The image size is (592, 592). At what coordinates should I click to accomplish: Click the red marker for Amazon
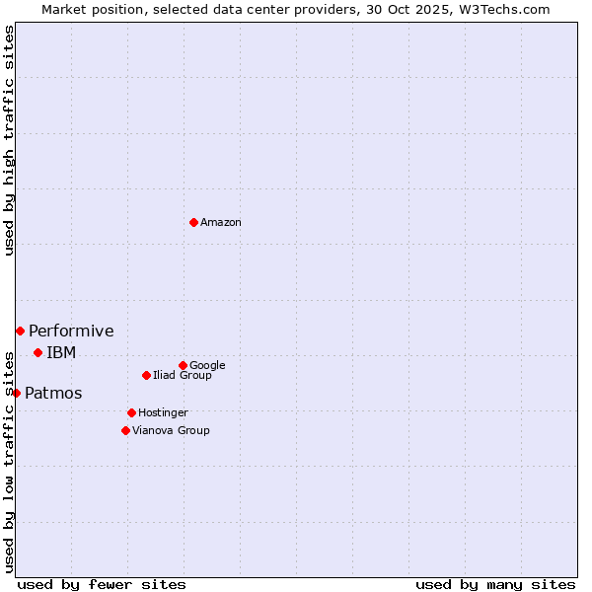tap(193, 222)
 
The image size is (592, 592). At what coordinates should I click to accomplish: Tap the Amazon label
tap(221, 223)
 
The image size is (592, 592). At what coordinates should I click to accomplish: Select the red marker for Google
tap(183, 365)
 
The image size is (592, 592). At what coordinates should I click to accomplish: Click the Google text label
tap(207, 366)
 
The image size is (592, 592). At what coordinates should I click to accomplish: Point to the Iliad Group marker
tap(146, 375)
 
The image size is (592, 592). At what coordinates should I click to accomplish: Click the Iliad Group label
tap(183, 376)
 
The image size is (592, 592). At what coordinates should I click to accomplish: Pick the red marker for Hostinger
tap(131, 412)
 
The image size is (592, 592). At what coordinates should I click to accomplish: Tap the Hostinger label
tap(163, 413)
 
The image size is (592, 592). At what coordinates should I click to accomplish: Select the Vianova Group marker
tap(125, 430)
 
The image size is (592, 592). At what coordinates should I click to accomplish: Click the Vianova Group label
tap(171, 431)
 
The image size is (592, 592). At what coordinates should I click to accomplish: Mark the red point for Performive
tap(20, 331)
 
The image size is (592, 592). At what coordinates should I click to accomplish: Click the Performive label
tap(71, 332)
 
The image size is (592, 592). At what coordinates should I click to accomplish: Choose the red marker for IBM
tap(37, 352)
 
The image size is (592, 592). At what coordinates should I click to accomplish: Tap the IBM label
tap(61, 353)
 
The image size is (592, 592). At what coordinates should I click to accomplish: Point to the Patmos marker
tap(16, 393)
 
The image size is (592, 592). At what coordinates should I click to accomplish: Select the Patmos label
tap(53, 394)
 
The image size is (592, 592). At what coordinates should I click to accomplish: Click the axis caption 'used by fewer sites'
tap(102, 584)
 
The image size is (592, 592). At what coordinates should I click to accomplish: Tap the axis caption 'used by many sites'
tap(495, 584)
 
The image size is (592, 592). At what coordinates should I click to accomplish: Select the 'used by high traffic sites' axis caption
tap(9, 141)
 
